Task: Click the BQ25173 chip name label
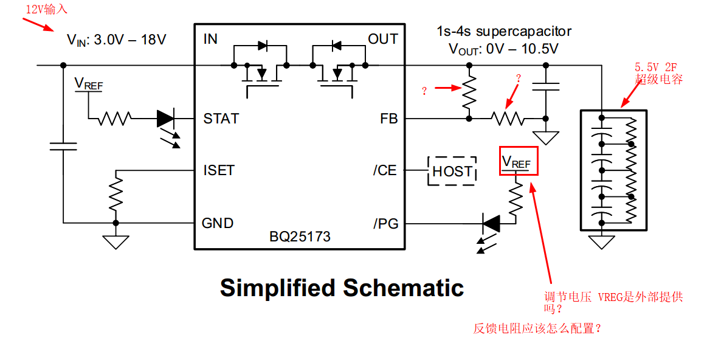click(300, 237)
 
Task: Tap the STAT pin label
click(221, 119)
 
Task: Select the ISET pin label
click(219, 170)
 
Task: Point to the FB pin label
click(388, 119)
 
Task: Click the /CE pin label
click(385, 170)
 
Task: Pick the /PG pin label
click(385, 224)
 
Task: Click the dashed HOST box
click(452, 171)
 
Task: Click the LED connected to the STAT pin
click(166, 119)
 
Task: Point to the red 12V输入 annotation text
click(46, 9)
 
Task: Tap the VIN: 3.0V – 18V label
click(116, 40)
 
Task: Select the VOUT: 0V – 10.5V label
click(503, 49)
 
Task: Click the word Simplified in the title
click(277, 288)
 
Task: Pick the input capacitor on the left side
click(63, 145)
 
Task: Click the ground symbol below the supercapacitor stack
click(601, 242)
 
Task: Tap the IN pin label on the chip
click(210, 40)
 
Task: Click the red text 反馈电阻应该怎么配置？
click(537, 328)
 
